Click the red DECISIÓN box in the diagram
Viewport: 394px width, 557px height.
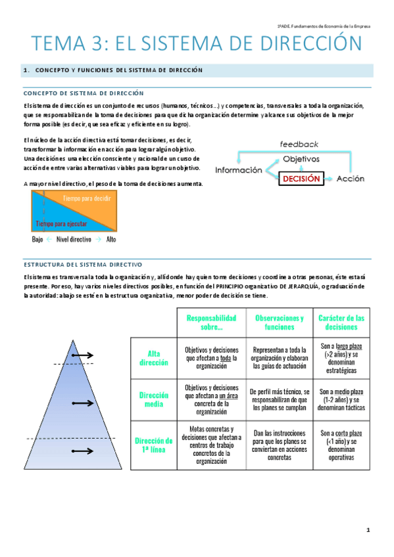coord(302,179)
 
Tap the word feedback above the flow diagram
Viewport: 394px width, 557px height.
coord(299,143)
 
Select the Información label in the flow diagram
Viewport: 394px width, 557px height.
coord(239,170)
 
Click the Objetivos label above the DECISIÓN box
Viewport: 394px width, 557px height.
coord(301,159)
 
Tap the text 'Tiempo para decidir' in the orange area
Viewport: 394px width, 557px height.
coord(86,198)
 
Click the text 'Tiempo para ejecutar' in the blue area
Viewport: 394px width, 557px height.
coord(63,223)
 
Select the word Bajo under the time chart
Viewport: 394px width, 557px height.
coord(37,240)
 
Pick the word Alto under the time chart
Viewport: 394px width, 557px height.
coord(111,240)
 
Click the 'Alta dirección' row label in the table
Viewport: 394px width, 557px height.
coord(154,358)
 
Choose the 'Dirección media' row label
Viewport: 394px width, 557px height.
coord(154,399)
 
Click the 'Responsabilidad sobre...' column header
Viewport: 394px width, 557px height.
coord(211,322)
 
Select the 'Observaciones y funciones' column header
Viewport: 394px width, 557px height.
coord(280,322)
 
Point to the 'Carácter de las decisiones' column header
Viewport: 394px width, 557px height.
coord(341,322)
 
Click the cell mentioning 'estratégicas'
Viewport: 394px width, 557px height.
coord(341,358)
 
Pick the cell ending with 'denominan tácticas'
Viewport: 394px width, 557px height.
coord(341,399)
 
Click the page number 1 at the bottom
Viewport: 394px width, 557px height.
coord(369,529)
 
